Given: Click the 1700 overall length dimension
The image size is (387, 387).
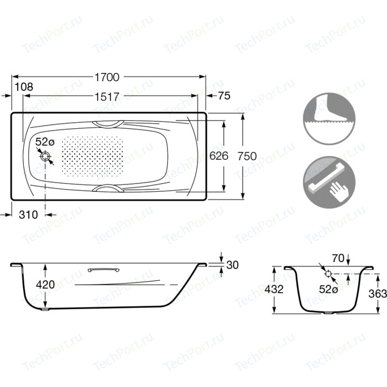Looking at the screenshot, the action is coord(107,77).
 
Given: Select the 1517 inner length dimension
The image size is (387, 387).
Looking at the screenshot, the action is coord(107,97).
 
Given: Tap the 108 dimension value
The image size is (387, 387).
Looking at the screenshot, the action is coord(24,87).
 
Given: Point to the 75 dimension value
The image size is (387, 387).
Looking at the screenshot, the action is coord(224,96).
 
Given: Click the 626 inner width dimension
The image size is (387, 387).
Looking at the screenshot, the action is coord(219,156).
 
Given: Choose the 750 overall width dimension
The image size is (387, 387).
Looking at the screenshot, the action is coord(247,156).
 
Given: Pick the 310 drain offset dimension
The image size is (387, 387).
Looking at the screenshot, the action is coord(28,215).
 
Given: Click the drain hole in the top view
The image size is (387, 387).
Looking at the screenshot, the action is coord(45,156).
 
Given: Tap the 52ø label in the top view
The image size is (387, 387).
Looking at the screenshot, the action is coord(45,142).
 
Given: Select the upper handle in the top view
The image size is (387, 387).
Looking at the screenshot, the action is coord(108,124).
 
